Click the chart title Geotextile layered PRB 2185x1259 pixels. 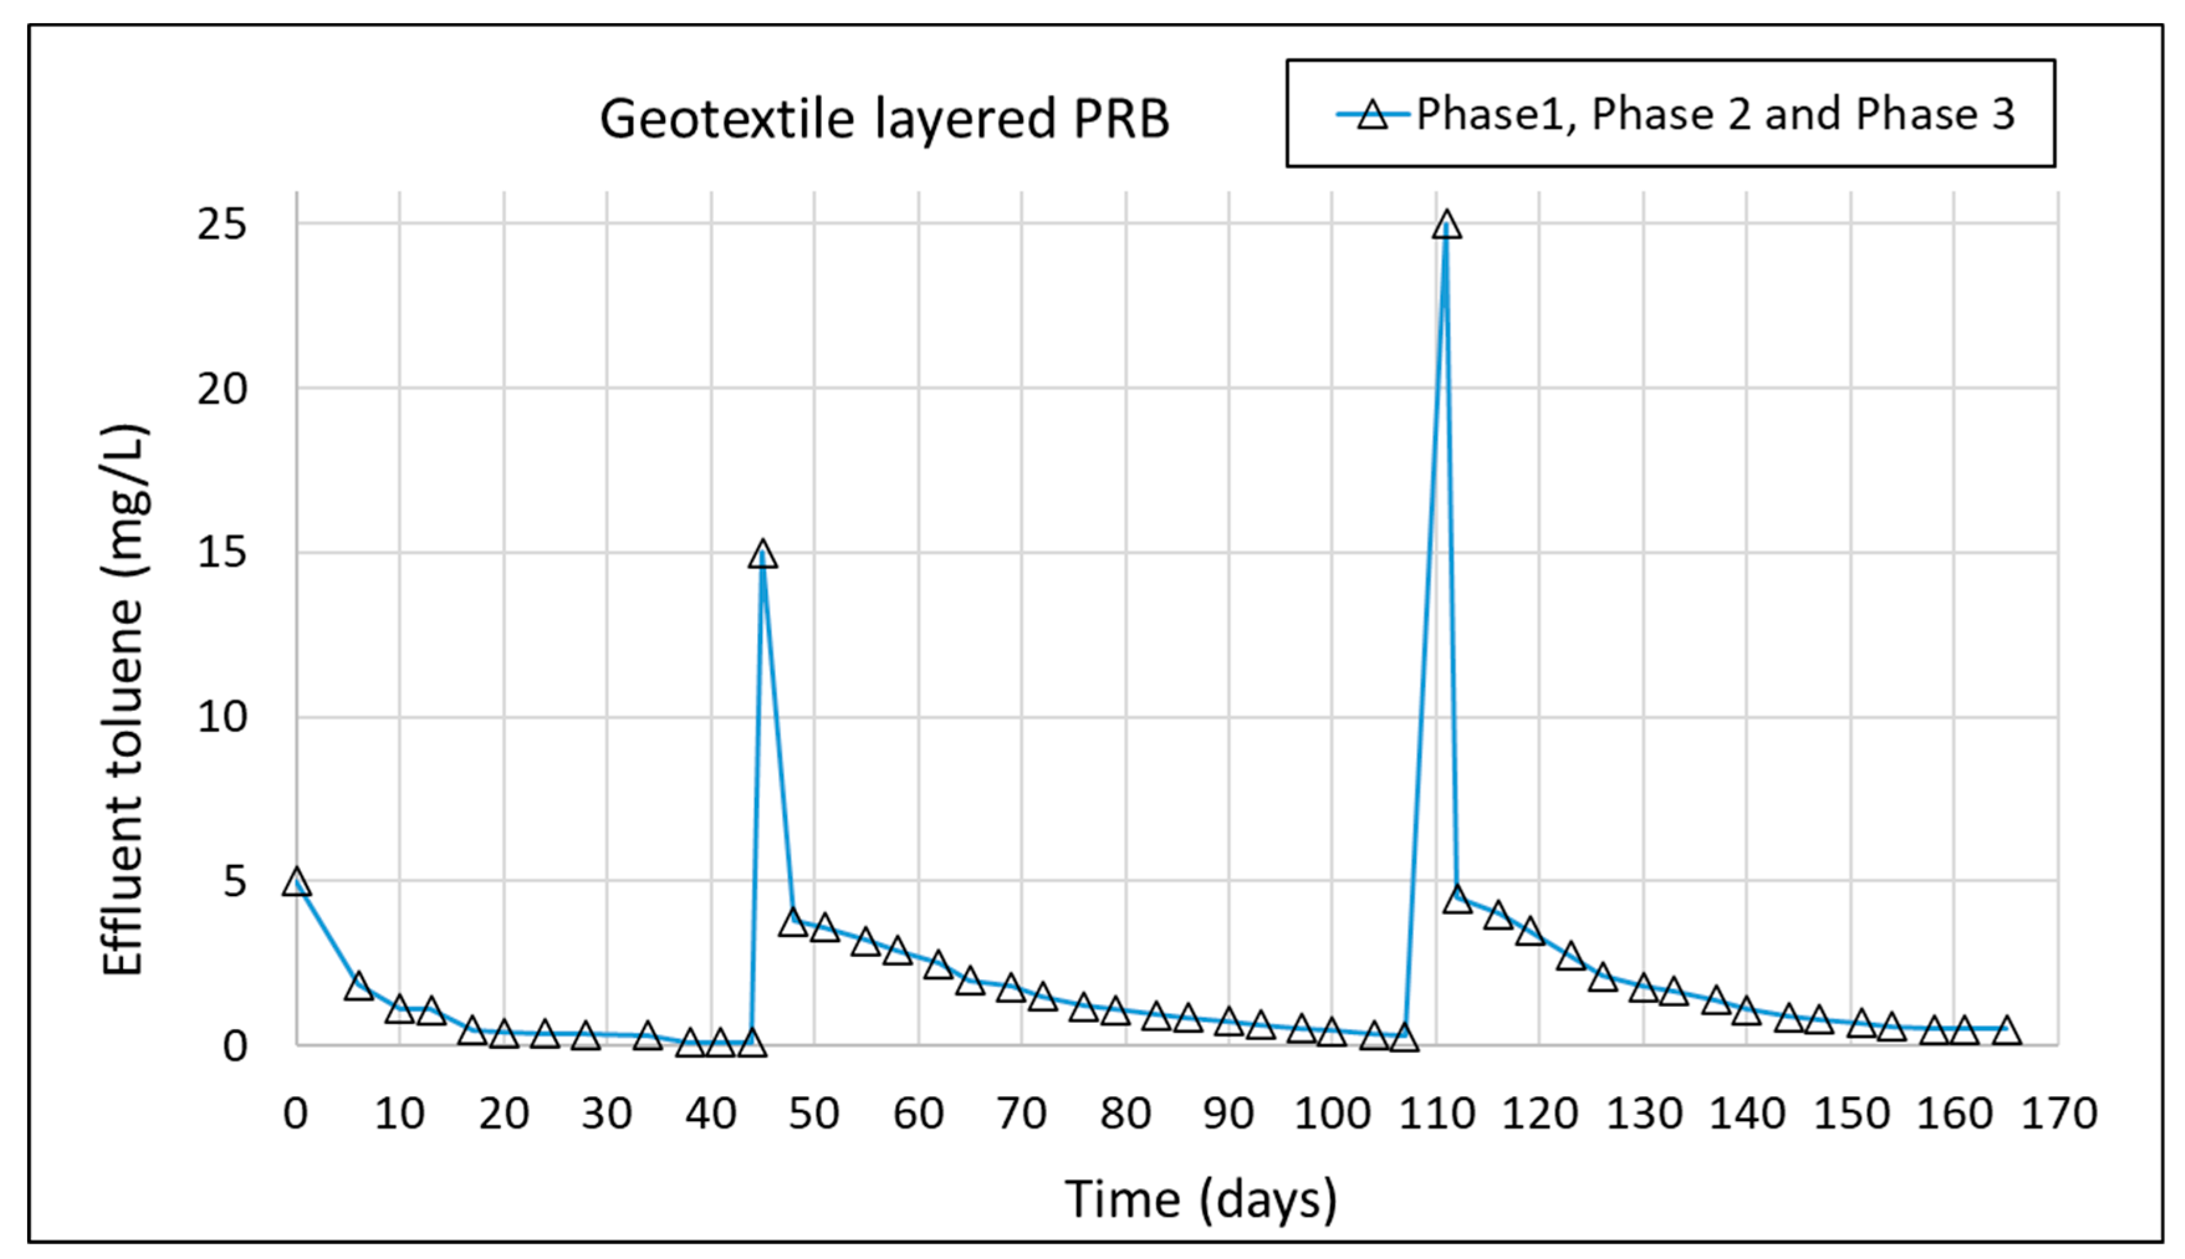click(884, 119)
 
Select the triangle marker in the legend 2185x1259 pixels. click(1372, 115)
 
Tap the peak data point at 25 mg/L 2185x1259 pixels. click(1447, 226)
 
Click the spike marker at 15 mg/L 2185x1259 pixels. click(762, 554)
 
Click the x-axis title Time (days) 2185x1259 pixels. click(1200, 1200)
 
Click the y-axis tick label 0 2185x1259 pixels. click(234, 1047)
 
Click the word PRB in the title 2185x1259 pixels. click(1121, 119)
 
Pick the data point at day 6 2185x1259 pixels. click(358, 986)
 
